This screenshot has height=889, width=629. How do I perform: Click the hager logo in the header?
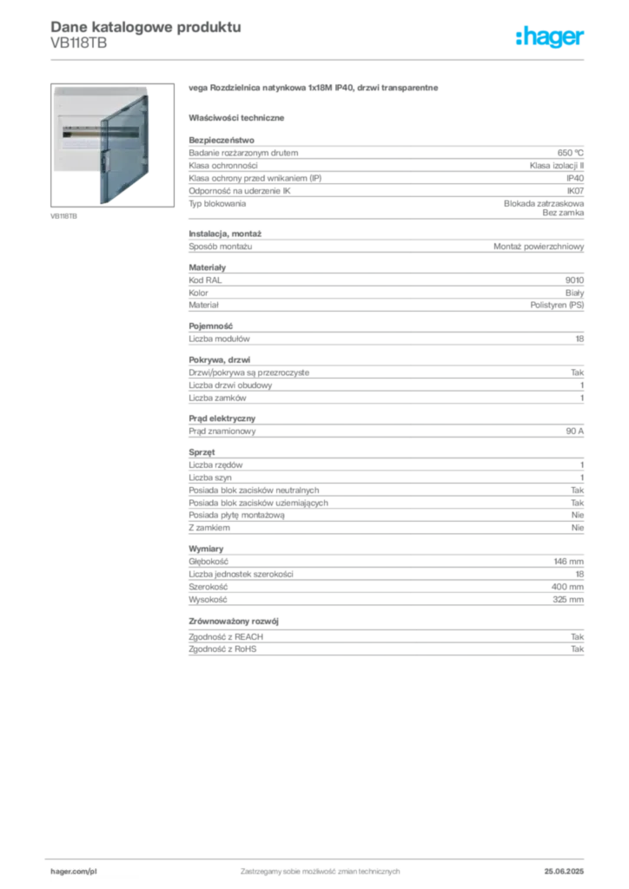click(550, 36)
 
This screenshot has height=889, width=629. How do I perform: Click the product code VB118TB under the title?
click(79, 43)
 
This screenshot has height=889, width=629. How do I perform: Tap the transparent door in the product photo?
click(124, 149)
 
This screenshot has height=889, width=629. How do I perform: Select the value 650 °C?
click(570, 153)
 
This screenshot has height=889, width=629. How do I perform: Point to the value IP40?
click(575, 178)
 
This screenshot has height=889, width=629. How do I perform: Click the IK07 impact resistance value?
click(575, 191)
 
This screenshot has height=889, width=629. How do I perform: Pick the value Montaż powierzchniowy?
click(539, 247)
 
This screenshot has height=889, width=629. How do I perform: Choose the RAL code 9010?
click(574, 280)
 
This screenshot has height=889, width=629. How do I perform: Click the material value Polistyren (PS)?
click(557, 305)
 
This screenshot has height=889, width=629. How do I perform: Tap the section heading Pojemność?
click(210, 326)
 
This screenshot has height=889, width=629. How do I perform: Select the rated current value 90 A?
click(574, 431)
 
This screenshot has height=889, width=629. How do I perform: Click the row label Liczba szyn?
click(210, 478)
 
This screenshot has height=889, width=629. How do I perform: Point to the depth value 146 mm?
click(568, 562)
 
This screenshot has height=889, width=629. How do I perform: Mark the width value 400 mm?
click(567, 587)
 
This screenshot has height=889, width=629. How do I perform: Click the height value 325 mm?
click(567, 599)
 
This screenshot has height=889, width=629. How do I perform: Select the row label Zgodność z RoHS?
click(222, 649)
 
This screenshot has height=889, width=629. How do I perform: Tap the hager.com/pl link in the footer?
click(74, 872)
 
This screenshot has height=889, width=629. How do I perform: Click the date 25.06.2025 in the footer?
click(564, 872)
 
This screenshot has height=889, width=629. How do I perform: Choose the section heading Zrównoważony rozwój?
click(234, 622)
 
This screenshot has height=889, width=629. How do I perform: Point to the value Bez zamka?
click(563, 213)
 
